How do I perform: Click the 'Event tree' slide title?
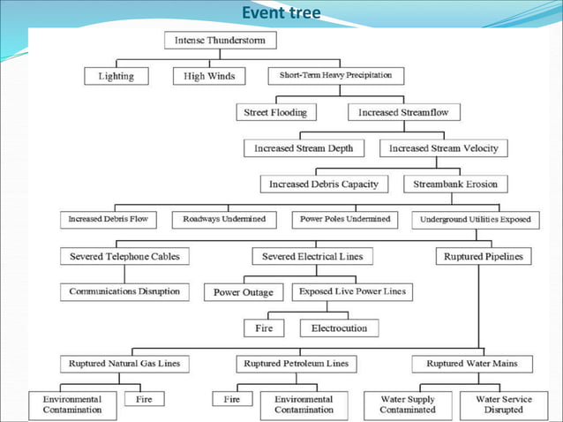coord(281,12)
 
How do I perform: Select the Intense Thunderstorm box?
coord(221,41)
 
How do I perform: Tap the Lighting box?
coord(116,76)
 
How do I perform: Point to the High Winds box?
coord(209,76)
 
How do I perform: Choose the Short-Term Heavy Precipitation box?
coord(335,76)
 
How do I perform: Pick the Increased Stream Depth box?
coord(304,148)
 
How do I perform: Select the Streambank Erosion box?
coord(455,184)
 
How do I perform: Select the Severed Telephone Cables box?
coord(124,256)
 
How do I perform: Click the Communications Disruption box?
coord(124,291)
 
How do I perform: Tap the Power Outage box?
coord(244,292)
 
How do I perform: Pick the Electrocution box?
coord(339,328)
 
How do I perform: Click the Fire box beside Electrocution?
coord(265,328)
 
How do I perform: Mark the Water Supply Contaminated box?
coord(408,404)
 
